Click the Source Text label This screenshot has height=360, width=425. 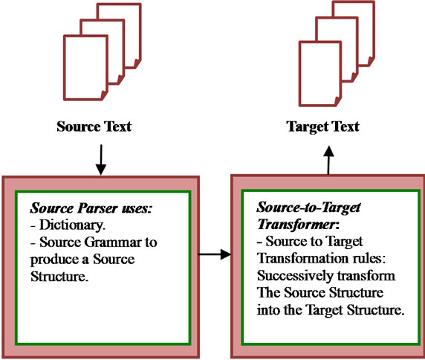pyautogui.click(x=94, y=126)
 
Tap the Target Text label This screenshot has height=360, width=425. pyautogui.click(x=322, y=126)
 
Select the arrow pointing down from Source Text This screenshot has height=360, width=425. pyautogui.click(x=101, y=160)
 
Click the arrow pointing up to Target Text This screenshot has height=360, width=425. pyautogui.click(x=328, y=160)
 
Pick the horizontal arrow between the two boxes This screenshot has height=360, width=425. pyautogui.click(x=215, y=254)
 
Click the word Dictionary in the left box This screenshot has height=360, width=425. pyautogui.click(x=72, y=225)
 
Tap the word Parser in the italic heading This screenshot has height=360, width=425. pyautogui.click(x=98, y=208)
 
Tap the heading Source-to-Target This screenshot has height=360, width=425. pyautogui.click(x=308, y=208)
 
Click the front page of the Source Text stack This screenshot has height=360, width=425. pyautogui.click(x=85, y=68)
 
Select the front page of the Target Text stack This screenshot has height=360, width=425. pyautogui.click(x=320, y=74)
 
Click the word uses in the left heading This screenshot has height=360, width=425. pyautogui.click(x=137, y=209)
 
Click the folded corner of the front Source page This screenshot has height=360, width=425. pyautogui.click(x=104, y=95)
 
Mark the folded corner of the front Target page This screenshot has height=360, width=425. pyautogui.click(x=338, y=101)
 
